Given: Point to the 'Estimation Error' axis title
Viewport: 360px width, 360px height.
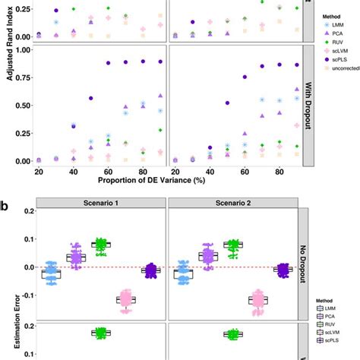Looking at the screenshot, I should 7,287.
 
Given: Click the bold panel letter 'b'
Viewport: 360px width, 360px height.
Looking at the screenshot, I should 5,205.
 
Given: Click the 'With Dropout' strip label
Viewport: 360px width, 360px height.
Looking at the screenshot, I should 308,106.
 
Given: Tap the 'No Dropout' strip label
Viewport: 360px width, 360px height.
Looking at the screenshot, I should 308,267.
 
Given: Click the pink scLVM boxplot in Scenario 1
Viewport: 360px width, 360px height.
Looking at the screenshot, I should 125,301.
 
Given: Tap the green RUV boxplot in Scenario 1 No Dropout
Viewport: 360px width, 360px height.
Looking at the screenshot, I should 100,245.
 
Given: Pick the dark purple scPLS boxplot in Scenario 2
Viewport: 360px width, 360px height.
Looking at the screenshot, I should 283,270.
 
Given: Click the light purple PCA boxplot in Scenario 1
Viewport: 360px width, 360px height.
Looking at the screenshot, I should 75,257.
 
